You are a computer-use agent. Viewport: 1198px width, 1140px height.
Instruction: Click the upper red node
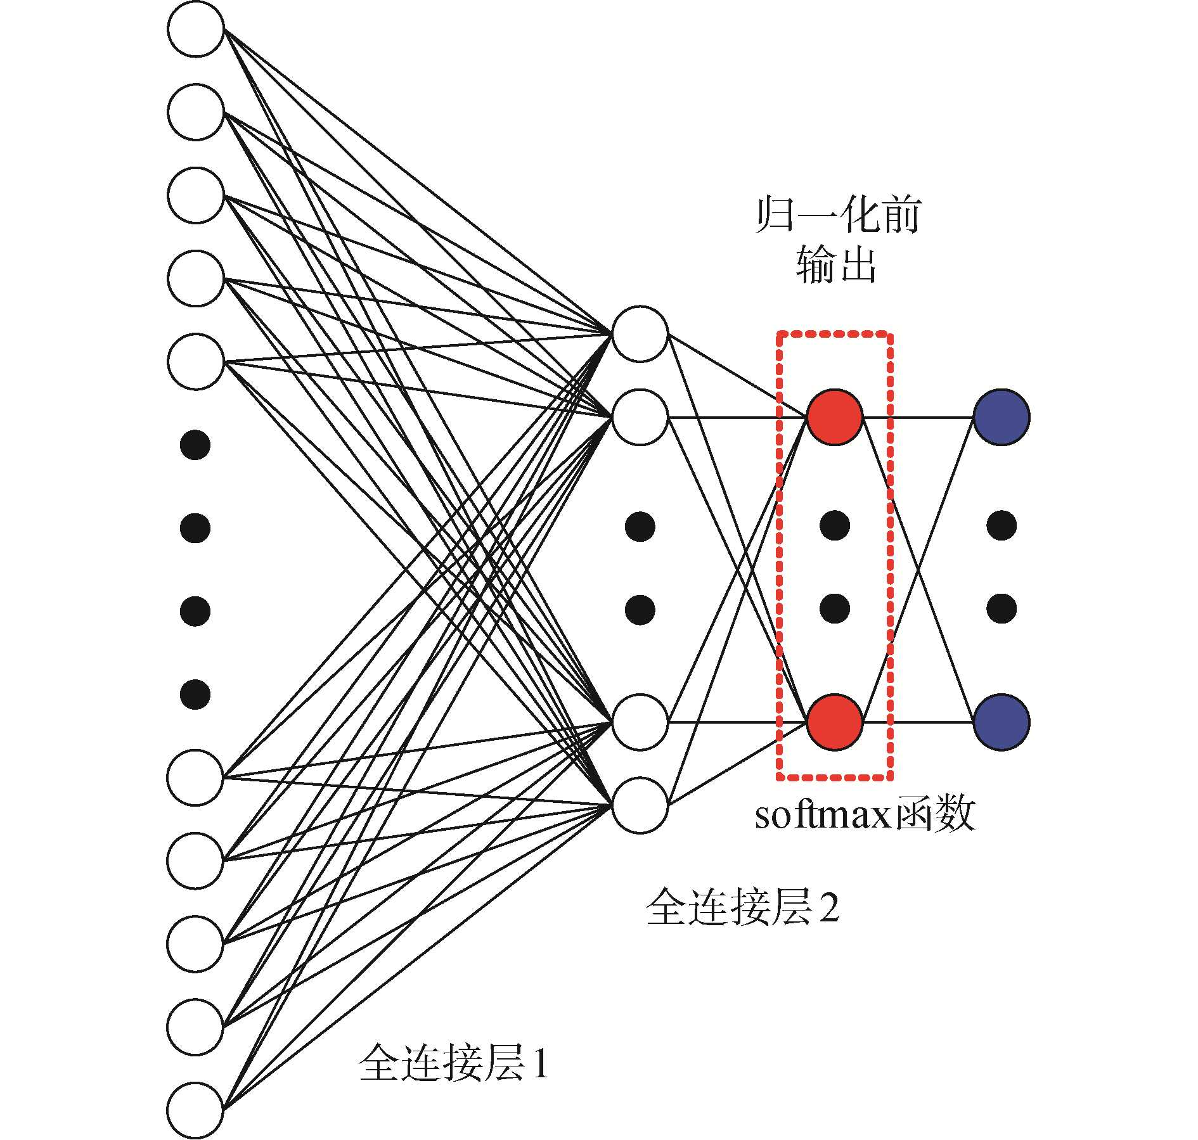[x=834, y=417]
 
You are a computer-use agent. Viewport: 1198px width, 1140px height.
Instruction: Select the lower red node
[x=834, y=722]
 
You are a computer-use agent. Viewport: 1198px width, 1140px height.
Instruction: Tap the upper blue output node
[x=1001, y=417]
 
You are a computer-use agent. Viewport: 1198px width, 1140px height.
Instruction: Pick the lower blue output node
[x=1001, y=722]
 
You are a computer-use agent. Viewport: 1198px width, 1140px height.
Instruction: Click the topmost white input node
[x=196, y=29]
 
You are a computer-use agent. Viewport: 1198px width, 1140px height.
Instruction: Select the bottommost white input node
[x=195, y=1110]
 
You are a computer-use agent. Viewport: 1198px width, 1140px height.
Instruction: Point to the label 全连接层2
[x=742, y=907]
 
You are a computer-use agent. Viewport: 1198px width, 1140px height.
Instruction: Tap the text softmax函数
[x=863, y=814]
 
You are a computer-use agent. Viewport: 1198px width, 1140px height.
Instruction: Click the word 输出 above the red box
[x=835, y=264]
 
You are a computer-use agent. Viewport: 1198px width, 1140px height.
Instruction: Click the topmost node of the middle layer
[x=640, y=334]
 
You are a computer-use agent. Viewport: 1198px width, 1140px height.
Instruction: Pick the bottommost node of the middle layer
[x=640, y=805]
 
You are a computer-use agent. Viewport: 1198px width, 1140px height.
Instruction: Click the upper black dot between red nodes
[x=834, y=525]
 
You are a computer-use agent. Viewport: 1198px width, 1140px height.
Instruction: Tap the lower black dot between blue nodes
[x=1002, y=609]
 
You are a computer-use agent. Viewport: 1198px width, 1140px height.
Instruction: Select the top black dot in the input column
[x=195, y=445]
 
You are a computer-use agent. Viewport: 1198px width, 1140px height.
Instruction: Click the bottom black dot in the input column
[x=195, y=695]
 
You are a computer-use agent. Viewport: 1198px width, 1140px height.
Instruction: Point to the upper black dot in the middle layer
[x=640, y=527]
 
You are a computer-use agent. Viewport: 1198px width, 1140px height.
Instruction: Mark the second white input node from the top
[x=196, y=112]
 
